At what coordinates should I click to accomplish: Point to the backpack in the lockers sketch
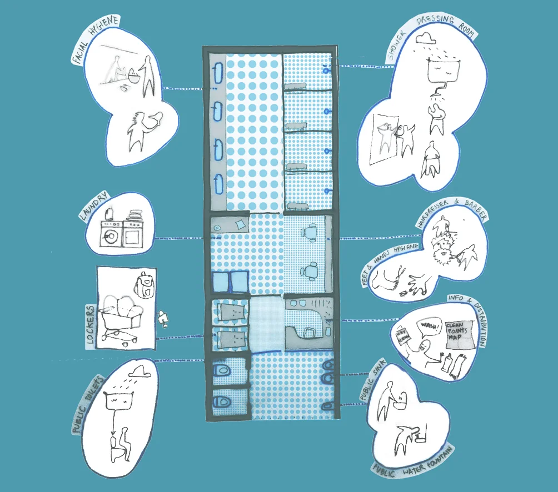click(143, 284)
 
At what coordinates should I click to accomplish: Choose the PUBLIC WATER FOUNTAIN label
click(413, 461)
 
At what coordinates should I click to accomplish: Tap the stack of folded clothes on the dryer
click(133, 213)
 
